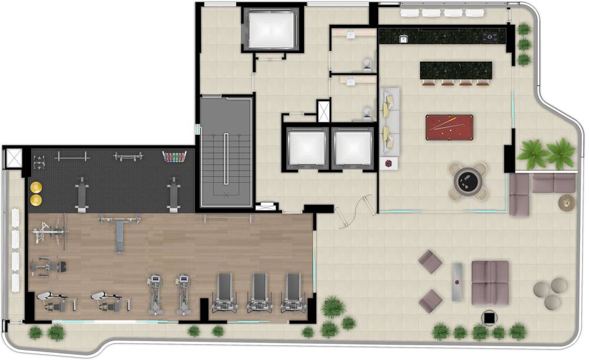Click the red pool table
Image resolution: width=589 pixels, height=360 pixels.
[x=449, y=127]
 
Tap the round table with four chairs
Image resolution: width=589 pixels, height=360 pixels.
[x=468, y=181]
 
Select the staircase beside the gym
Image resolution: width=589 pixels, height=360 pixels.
[x=226, y=153]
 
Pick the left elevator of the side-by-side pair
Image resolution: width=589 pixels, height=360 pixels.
[x=306, y=148]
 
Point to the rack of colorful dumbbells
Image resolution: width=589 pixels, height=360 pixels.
[x=174, y=157]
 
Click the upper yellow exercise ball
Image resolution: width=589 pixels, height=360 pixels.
[x=37, y=187]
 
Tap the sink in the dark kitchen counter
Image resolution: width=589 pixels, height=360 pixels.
[x=405, y=38]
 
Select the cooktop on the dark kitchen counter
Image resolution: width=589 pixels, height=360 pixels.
[x=490, y=38]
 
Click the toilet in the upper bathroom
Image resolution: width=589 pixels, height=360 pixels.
[x=368, y=62]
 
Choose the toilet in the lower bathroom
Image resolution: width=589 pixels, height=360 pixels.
[x=368, y=112]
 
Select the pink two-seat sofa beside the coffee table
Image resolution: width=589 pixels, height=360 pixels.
[x=490, y=282]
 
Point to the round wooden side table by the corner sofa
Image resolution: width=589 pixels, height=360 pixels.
[x=567, y=202]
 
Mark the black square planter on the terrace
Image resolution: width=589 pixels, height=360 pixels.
[x=489, y=318]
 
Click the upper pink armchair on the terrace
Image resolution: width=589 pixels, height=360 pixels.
[x=430, y=261]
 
